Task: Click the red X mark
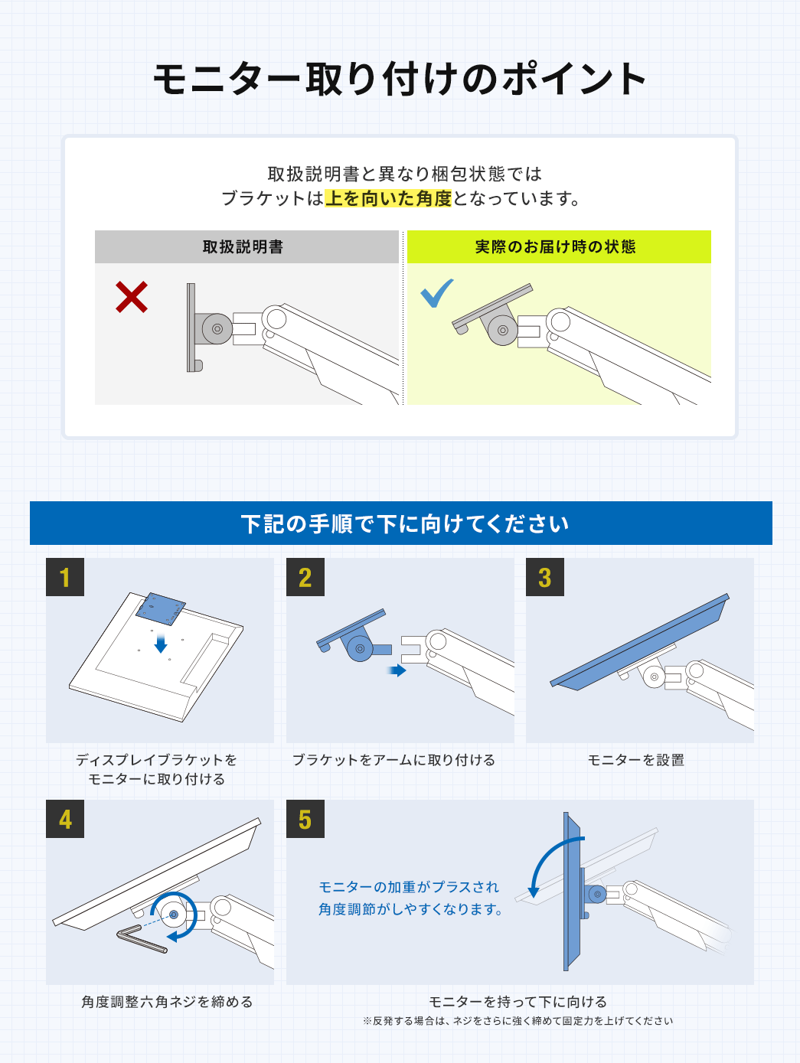point(131,297)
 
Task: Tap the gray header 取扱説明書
point(247,247)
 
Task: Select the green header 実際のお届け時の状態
point(559,247)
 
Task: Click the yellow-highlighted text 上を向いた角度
point(388,198)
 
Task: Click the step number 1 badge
point(65,577)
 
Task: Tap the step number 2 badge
point(305,577)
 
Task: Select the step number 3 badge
point(545,577)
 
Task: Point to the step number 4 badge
point(65,819)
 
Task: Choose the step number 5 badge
point(305,819)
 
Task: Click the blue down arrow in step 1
point(161,644)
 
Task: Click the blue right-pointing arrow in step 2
point(397,670)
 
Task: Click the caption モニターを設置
point(636,760)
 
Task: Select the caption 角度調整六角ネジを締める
point(167,1002)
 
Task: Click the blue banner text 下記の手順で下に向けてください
point(405,524)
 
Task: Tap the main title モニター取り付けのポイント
point(400,79)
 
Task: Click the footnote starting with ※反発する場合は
point(518,1021)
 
